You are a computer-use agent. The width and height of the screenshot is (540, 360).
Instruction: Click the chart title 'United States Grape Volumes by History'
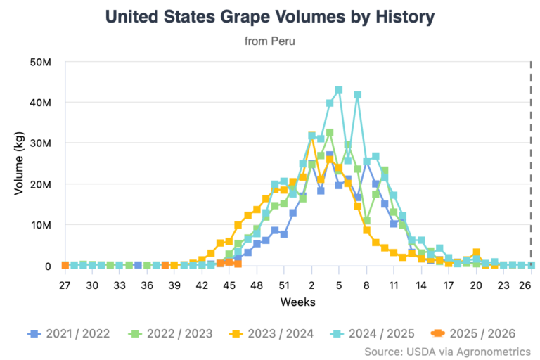coord(270,16)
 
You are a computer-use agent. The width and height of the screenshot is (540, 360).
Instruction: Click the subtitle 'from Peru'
coord(270,41)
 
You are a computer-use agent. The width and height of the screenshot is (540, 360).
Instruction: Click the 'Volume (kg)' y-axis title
coord(20,163)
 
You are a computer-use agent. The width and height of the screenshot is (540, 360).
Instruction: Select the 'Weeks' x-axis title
coord(298,302)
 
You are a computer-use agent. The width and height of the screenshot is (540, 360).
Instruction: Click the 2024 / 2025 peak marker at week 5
coord(339,90)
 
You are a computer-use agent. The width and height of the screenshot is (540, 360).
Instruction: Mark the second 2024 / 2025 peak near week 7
coord(357,95)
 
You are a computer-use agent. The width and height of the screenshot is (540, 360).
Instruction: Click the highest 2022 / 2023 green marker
coord(330,133)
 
